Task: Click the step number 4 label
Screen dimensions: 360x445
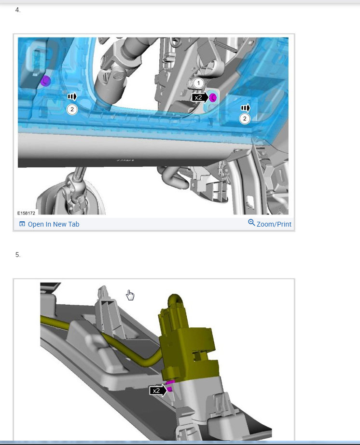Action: point(18,10)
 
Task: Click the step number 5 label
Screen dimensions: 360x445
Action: point(18,255)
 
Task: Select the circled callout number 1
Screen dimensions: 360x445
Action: point(198,83)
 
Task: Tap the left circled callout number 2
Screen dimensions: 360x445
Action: point(72,109)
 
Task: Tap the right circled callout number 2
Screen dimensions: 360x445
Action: point(245,119)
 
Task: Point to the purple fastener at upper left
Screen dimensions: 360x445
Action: point(45,81)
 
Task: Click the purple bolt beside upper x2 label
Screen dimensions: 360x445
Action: point(213,97)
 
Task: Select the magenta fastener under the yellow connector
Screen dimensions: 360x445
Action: point(170,387)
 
